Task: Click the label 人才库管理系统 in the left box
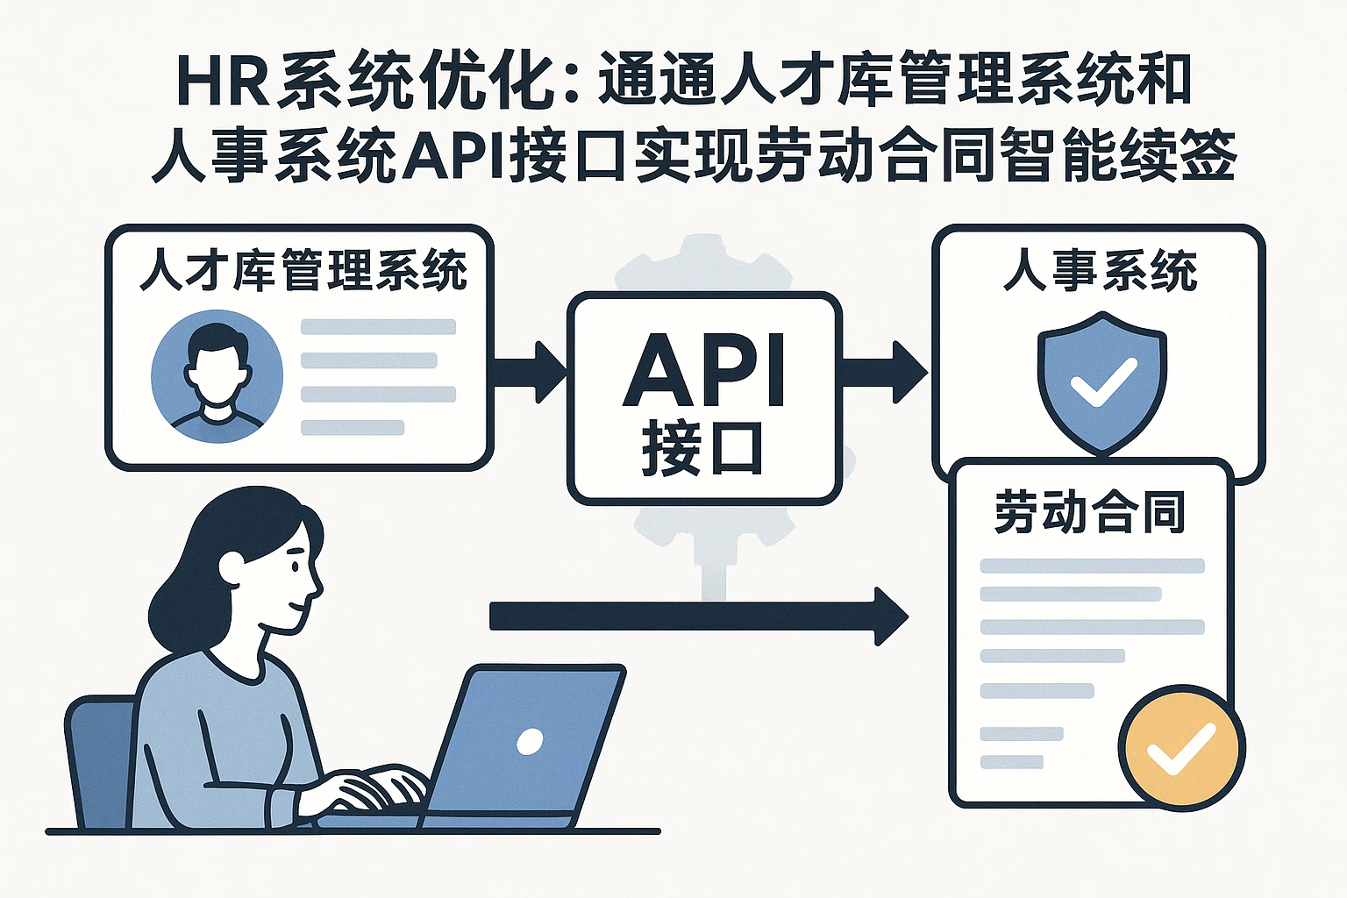tap(303, 269)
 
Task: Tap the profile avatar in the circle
tap(217, 376)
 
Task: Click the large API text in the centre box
tap(704, 370)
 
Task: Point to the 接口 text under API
tap(702, 449)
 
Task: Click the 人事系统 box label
tap(1100, 269)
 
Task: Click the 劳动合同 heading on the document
tap(1090, 512)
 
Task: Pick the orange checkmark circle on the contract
tap(1180, 745)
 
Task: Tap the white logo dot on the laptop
tap(530, 742)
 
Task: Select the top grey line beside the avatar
tap(378, 327)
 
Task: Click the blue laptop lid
tap(526, 741)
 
